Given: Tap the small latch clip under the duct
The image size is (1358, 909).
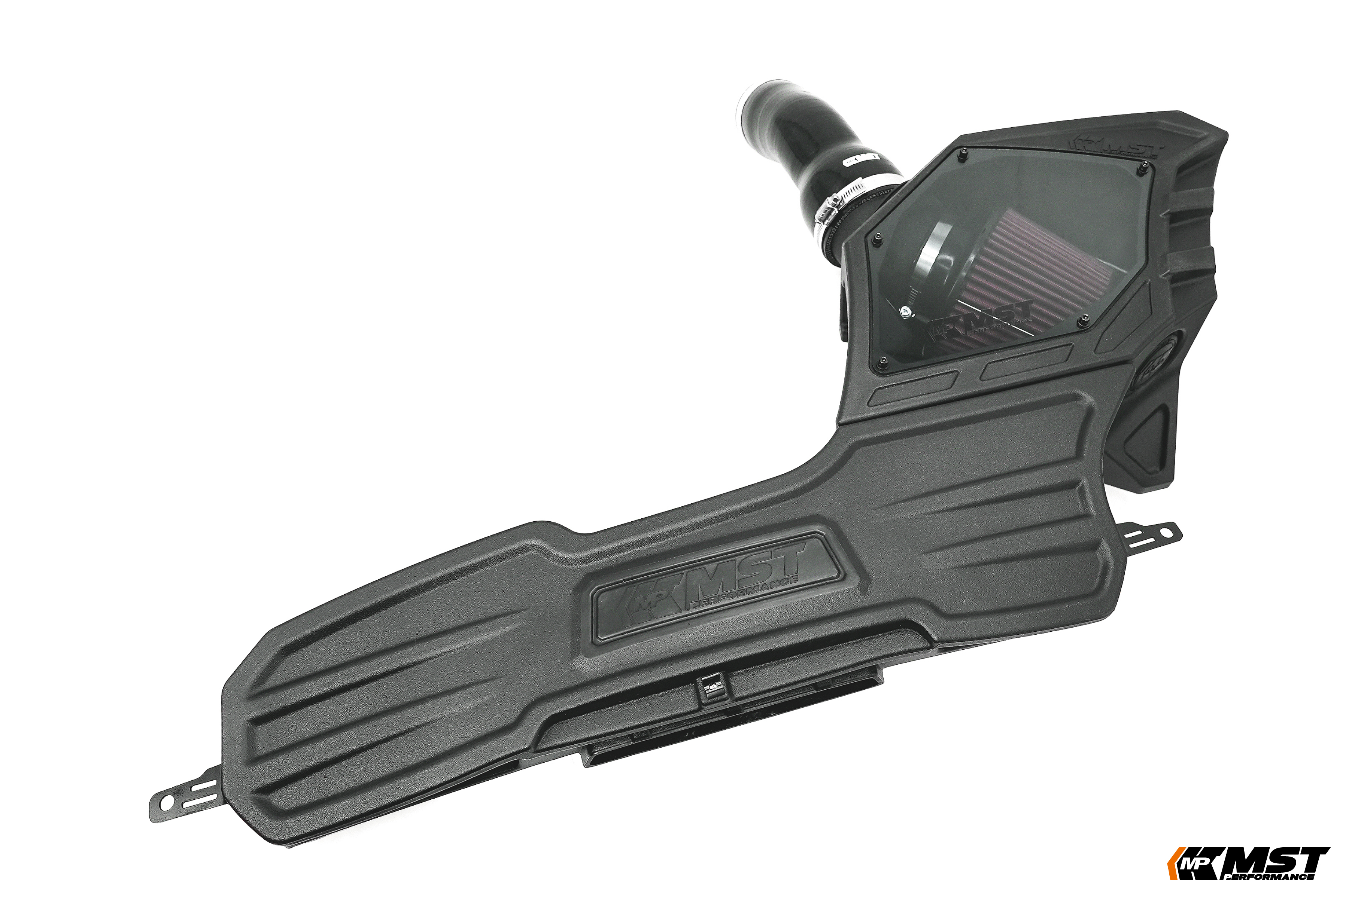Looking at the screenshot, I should point(711,689).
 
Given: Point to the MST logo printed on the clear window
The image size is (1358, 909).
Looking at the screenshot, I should point(980,322).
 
